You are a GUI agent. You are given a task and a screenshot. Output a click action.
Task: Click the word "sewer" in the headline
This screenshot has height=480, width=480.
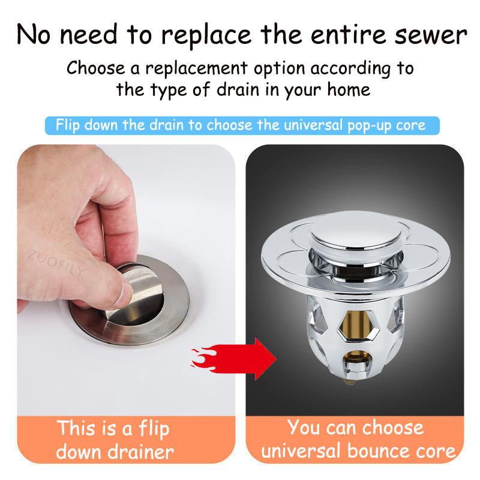tap(431, 35)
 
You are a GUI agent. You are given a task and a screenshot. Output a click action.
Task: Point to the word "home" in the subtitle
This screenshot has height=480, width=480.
tap(349, 89)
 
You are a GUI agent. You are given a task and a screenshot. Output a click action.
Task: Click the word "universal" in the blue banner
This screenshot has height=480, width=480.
tap(313, 125)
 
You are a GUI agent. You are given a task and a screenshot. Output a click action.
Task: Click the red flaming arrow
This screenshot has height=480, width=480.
tap(234, 358)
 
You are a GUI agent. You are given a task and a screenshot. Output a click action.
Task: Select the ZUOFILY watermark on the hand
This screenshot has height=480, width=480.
tap(56, 263)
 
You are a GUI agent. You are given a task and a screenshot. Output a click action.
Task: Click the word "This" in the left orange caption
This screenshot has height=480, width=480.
tap(76, 428)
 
